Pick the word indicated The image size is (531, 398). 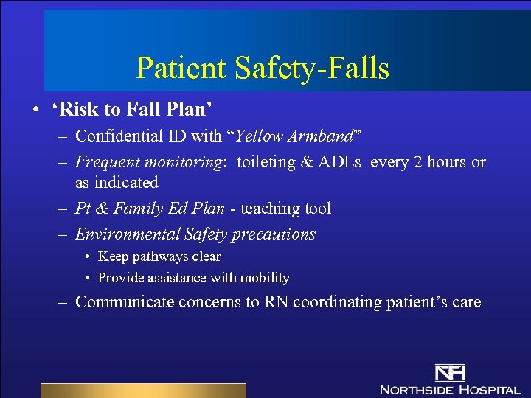click(127, 182)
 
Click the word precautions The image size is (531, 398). click(274, 234)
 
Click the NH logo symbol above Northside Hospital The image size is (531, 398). click(449, 372)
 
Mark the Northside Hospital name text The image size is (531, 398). click(449, 389)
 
